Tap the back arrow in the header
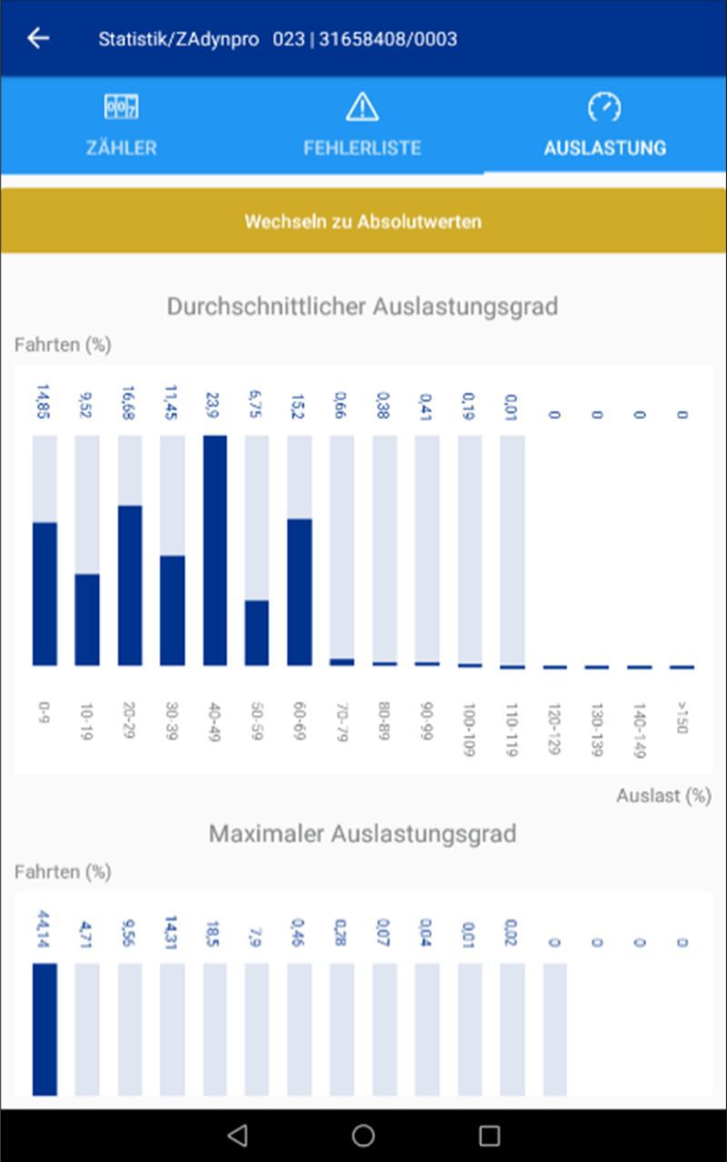[38, 38]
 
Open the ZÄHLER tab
[121, 127]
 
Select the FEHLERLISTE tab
[362, 127]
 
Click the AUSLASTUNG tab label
[604, 147]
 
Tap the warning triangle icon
[362, 107]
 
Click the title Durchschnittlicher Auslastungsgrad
[362, 306]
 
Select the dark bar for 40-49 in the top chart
[214, 550]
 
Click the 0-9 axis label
[45, 712]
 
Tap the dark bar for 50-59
[257, 633]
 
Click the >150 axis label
[682, 717]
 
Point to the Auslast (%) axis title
[663, 796]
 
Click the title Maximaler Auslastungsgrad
[362, 834]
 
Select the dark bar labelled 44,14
[45, 1029]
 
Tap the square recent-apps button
[489, 1135]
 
